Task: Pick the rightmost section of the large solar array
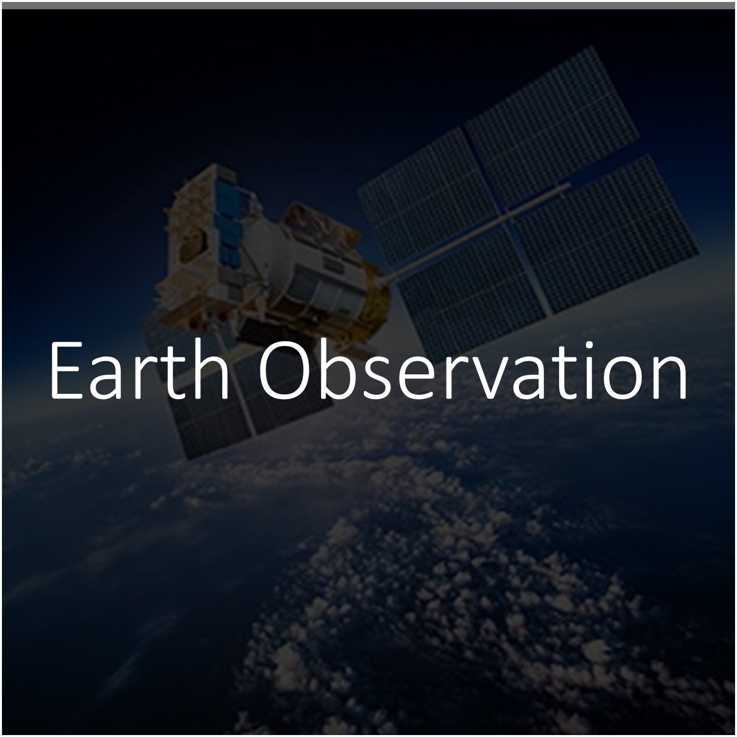609,234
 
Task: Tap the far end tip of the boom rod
569,184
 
